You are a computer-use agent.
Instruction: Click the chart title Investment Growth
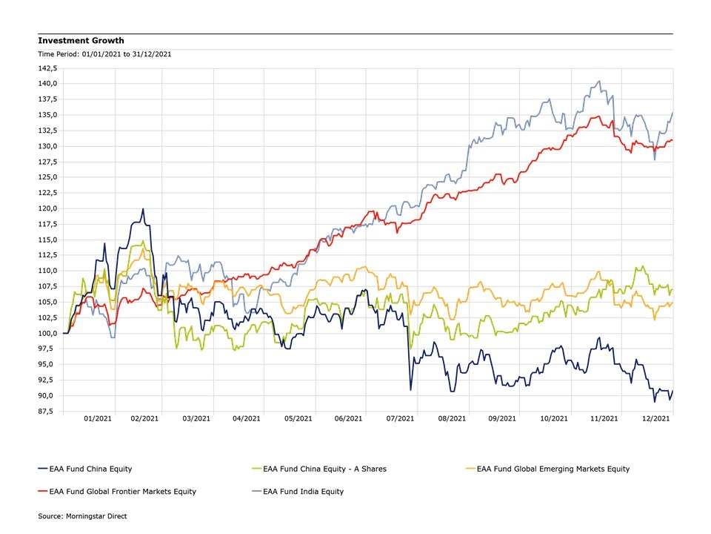pyautogui.click(x=81, y=41)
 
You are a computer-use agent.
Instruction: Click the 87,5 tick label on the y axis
pyautogui.click(x=50, y=411)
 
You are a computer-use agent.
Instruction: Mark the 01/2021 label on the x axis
pyautogui.click(x=99, y=419)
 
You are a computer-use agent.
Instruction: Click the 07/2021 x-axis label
pyautogui.click(x=401, y=419)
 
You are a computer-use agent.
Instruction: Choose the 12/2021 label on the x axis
pyautogui.click(x=655, y=419)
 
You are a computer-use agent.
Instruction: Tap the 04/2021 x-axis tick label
pyautogui.click(x=246, y=419)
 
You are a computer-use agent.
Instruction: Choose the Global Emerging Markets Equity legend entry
pyautogui.click(x=553, y=469)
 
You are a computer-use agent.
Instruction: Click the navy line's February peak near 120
pyautogui.click(x=143, y=209)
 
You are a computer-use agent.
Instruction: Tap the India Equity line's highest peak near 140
pyautogui.click(x=599, y=82)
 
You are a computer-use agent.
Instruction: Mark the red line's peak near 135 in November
pyautogui.click(x=597, y=116)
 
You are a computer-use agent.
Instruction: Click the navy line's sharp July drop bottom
pyautogui.click(x=411, y=389)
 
